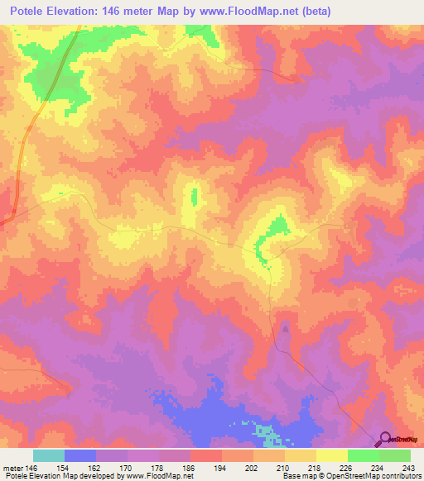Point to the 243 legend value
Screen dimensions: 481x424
408,466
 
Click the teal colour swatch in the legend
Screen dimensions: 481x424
49,455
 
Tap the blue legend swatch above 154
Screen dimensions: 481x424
80,455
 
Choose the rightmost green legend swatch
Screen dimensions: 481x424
395,455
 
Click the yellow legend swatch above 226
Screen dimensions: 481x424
332,455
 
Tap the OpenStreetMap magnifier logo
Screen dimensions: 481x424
385,440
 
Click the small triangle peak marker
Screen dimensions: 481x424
286,328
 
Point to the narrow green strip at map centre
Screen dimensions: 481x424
195,198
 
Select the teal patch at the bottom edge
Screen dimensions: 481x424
267,431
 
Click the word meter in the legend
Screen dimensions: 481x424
12,466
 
